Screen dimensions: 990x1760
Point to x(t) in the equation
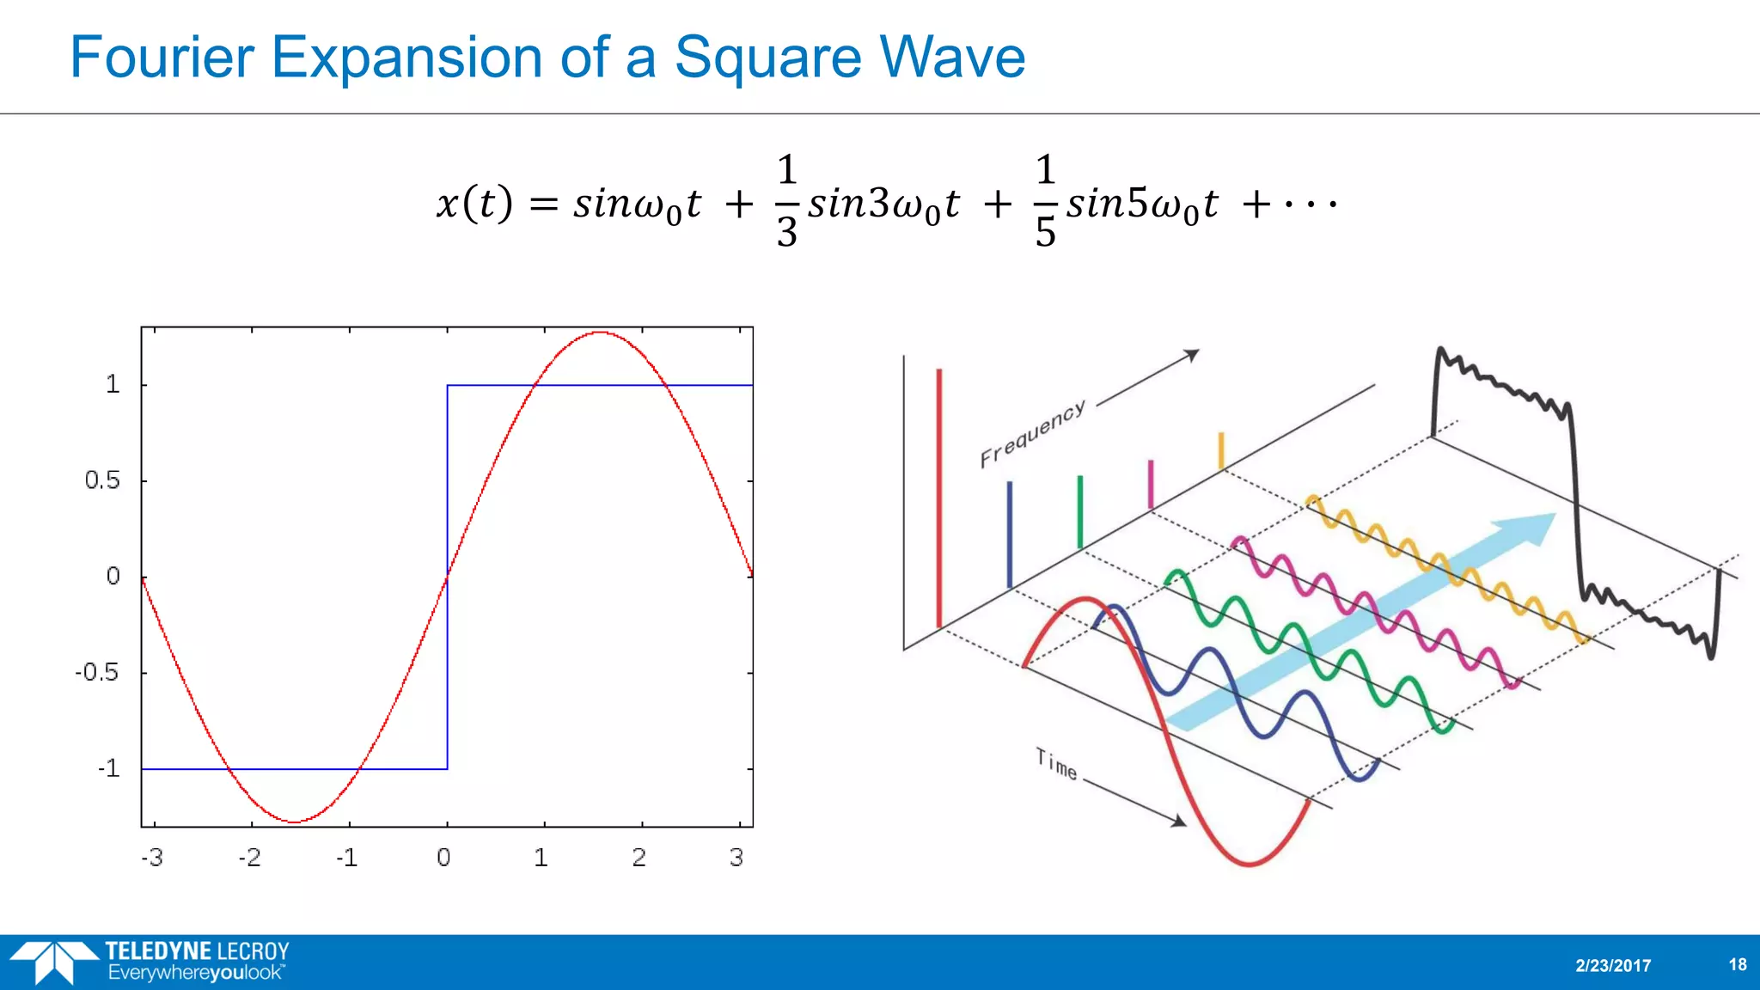click(x=474, y=204)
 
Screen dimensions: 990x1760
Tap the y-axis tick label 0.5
click(x=102, y=480)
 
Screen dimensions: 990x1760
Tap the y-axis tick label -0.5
click(x=97, y=672)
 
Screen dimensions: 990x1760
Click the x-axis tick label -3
click(x=152, y=858)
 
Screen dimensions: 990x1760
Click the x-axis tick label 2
click(x=639, y=858)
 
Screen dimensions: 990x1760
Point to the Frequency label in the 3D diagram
click(x=1033, y=434)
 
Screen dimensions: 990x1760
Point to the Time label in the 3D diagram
click(x=1056, y=764)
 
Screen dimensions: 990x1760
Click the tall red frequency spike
click(x=939, y=498)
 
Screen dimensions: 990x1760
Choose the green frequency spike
click(x=1080, y=511)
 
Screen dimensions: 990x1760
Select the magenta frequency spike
click(x=1151, y=485)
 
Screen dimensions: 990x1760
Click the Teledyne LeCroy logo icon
click(x=53, y=962)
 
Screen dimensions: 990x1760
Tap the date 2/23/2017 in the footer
click(x=1613, y=965)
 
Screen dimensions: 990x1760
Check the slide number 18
click(x=1737, y=964)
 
